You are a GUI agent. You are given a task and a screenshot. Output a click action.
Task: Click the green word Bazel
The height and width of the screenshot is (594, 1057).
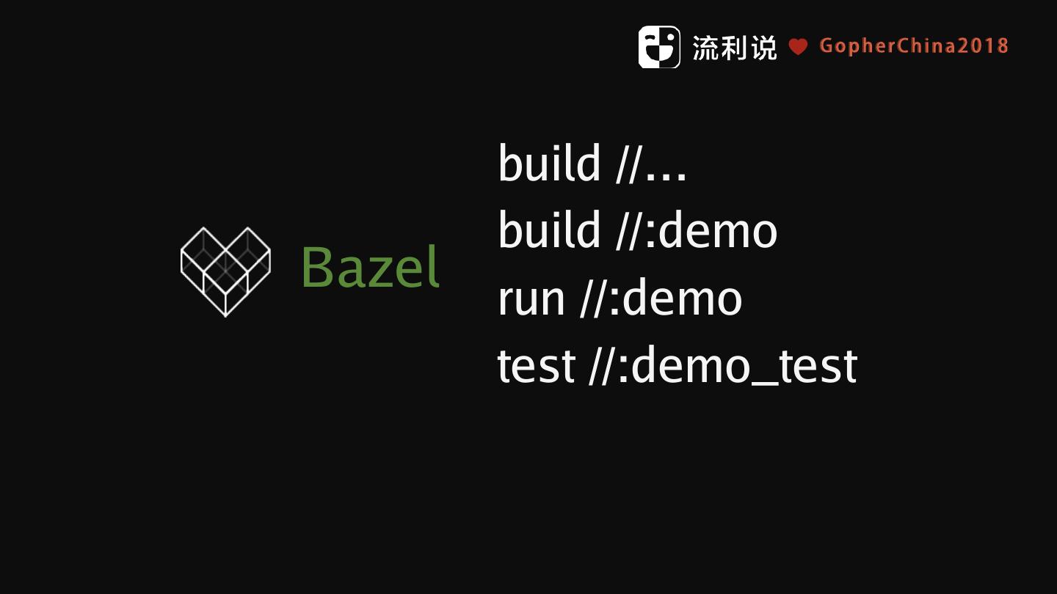click(370, 268)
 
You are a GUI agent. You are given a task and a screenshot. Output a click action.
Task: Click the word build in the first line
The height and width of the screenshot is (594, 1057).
click(549, 164)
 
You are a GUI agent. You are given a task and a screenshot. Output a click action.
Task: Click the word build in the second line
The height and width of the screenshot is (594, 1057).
click(549, 231)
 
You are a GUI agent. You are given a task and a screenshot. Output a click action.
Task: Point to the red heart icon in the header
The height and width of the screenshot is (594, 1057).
click(798, 47)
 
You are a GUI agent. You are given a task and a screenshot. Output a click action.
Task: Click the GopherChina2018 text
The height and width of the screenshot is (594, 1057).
click(914, 46)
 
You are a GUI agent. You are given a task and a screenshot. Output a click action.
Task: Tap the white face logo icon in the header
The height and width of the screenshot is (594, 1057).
click(658, 47)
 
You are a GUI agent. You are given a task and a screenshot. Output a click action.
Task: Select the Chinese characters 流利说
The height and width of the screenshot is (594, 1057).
click(734, 48)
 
